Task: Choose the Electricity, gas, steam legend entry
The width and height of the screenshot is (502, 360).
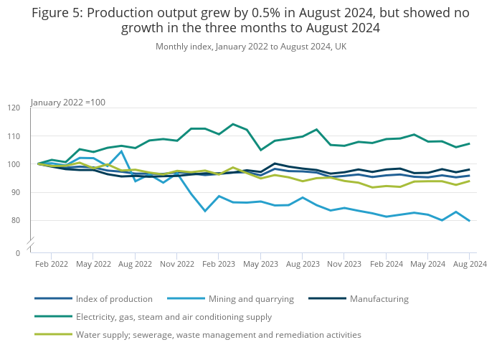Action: point(174,317)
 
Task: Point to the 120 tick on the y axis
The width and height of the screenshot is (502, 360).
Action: point(14,108)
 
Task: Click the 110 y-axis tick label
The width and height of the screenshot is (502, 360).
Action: point(14,136)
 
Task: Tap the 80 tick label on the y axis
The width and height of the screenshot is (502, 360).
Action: point(15,221)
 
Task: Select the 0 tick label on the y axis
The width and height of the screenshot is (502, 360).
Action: point(18,253)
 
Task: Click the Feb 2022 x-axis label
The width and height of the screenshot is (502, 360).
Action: point(52,265)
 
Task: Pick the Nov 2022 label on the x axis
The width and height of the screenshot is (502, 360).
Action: point(177,265)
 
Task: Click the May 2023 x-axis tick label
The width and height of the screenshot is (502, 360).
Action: point(260,265)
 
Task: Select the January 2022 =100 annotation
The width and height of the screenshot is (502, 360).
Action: point(68,103)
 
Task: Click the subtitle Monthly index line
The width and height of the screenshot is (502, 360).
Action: point(250,47)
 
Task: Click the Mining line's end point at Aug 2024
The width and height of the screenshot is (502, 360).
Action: point(469,221)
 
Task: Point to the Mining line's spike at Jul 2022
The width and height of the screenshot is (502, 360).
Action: point(122,151)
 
